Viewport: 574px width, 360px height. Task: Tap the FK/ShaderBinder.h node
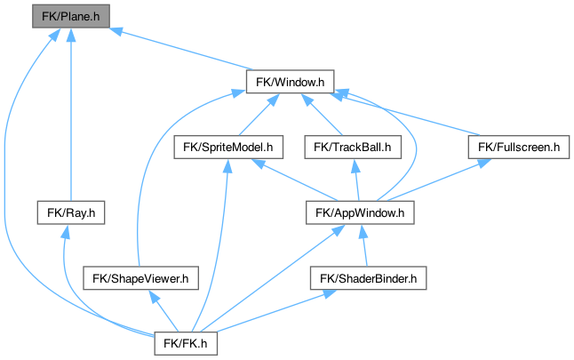tap(368, 278)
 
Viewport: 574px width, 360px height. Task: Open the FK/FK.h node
tap(186, 342)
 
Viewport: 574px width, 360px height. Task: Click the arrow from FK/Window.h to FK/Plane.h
tap(178, 49)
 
